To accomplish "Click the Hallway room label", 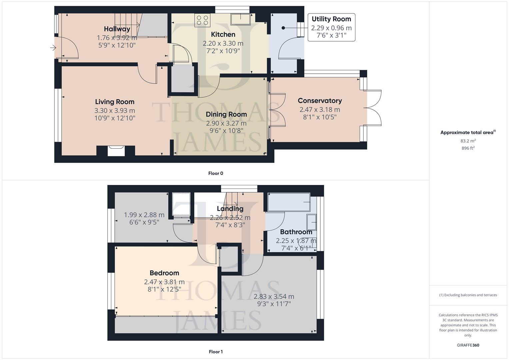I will (117, 29).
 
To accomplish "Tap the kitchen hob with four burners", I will (202, 20).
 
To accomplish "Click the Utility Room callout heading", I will (331, 19).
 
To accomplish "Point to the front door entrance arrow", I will (53, 48).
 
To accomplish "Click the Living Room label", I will (115, 102).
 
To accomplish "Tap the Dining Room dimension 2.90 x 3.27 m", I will (226, 123).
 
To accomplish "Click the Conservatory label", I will (319, 101).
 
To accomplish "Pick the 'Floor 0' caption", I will (216, 173).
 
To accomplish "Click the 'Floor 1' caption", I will (216, 352).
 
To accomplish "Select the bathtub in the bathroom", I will (289, 202).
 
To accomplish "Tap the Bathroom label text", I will (296, 232).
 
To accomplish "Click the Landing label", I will (230, 209).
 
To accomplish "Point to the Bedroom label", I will (164, 273).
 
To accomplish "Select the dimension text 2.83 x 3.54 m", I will (274, 296).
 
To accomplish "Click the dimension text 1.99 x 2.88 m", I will (144, 215).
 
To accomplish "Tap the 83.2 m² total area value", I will (468, 141).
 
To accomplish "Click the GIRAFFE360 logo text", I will (468, 345).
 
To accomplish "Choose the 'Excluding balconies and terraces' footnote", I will (468, 295).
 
